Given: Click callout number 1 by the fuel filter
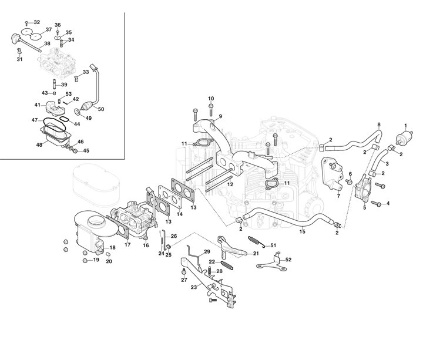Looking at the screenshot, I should pyautogui.click(x=405, y=126).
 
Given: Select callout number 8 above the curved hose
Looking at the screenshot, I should pyautogui.click(x=379, y=125).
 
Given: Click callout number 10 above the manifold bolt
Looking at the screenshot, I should pyautogui.click(x=211, y=98).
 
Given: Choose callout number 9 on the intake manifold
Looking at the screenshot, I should pyautogui.click(x=220, y=116).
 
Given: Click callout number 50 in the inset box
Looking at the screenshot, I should pyautogui.click(x=101, y=110).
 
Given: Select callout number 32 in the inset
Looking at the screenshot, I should pyautogui.click(x=37, y=22).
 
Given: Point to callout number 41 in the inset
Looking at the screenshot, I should pyautogui.click(x=36, y=105).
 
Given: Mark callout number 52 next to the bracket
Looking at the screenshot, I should pyautogui.click(x=288, y=260).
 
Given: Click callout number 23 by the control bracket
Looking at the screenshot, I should pyautogui.click(x=194, y=287).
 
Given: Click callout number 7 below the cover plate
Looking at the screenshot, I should pyautogui.click(x=338, y=196).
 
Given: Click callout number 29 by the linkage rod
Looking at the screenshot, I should pyautogui.click(x=207, y=253).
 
